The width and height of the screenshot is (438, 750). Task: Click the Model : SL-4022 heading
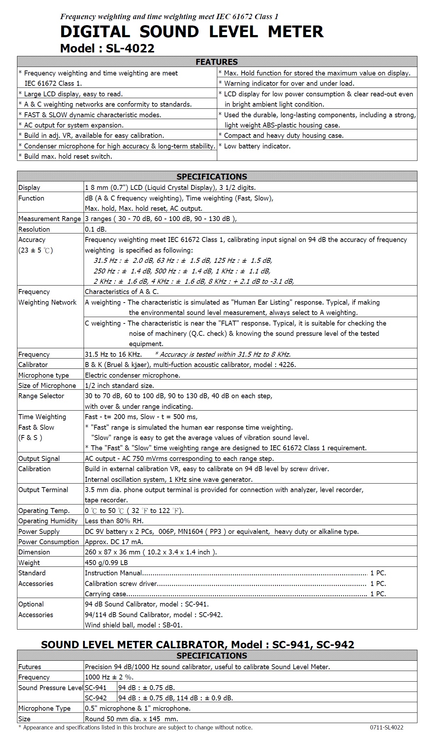coord(107,48)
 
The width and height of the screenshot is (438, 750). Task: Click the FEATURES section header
coord(217,62)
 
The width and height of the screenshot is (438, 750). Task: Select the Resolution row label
coord(34,229)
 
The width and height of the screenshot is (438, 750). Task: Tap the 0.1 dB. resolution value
coord(96,229)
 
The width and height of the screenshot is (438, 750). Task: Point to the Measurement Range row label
coord(50,219)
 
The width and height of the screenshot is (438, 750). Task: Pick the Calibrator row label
coord(33,365)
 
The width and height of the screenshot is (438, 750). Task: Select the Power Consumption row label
coord(49,542)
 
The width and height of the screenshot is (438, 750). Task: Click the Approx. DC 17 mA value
coord(114,542)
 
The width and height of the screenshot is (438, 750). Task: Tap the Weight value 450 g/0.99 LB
coord(106,563)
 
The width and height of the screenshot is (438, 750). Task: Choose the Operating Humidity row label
coord(48,521)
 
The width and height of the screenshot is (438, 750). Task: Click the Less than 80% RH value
coord(114,521)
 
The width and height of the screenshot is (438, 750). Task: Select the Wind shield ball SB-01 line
coord(134,625)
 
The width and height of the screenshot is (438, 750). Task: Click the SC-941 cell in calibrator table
coord(96,688)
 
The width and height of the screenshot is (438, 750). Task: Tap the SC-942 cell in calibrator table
coord(96,698)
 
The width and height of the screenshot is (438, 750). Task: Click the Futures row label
coord(30,667)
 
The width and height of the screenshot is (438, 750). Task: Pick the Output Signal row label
coord(39,458)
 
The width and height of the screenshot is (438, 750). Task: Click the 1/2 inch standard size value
coord(119,385)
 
